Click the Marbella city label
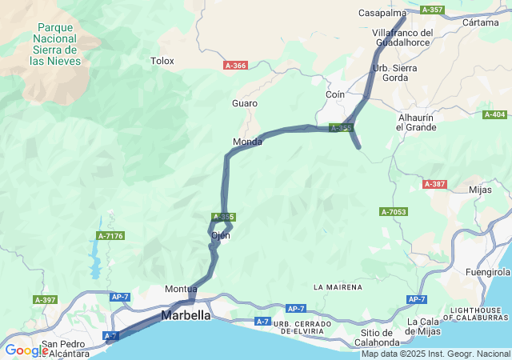click(x=186, y=315)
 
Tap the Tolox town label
click(x=162, y=60)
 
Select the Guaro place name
click(x=245, y=103)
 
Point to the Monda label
click(x=247, y=142)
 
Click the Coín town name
click(x=335, y=94)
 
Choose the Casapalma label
click(x=383, y=13)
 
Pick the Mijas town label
click(x=480, y=190)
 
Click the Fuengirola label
click(x=488, y=272)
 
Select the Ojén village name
click(x=221, y=235)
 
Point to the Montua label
click(x=181, y=289)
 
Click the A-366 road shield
click(x=235, y=66)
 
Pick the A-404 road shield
click(x=495, y=114)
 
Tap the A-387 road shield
click(x=434, y=184)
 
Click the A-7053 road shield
click(x=394, y=212)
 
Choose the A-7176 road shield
click(x=110, y=235)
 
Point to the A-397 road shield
click(x=46, y=299)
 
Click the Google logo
click(x=27, y=350)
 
